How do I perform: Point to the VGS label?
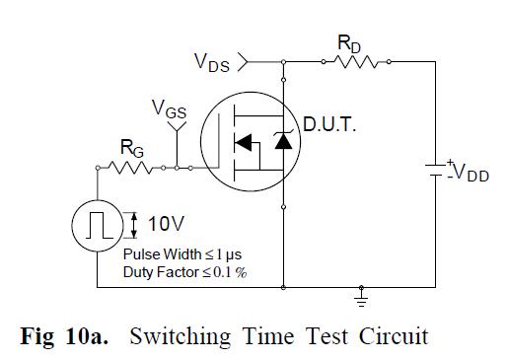[x=170, y=109]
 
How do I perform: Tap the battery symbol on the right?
[x=434, y=169]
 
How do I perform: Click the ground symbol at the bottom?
[x=361, y=294]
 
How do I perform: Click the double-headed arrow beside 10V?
[x=134, y=225]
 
